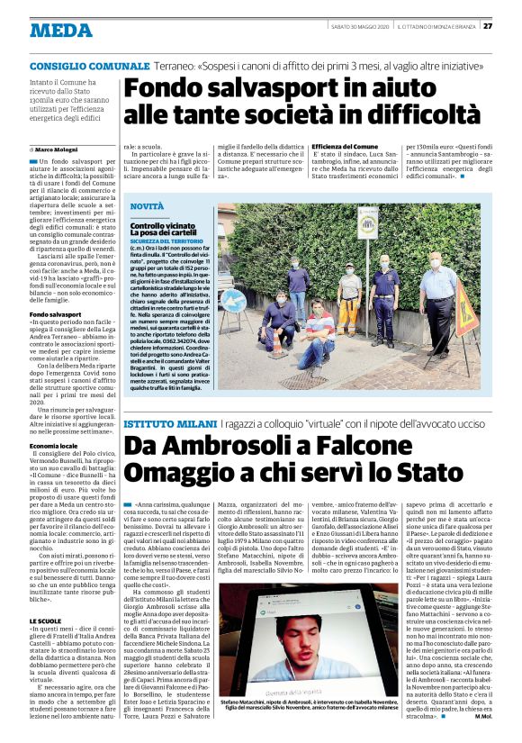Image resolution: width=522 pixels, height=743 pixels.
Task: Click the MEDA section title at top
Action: point(60,30)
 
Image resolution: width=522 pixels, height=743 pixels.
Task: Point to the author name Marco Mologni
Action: point(60,148)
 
